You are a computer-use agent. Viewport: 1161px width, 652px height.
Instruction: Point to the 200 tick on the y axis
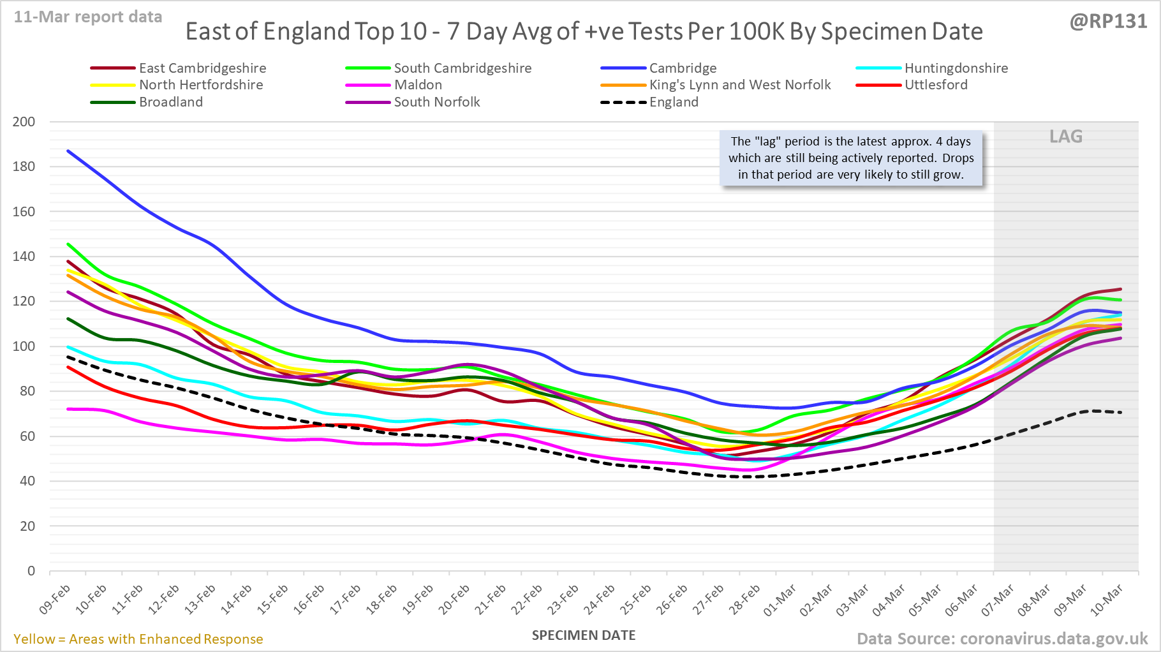point(24,122)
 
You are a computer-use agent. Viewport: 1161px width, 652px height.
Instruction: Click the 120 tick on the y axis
point(24,301)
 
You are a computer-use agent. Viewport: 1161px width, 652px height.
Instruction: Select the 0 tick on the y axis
point(31,571)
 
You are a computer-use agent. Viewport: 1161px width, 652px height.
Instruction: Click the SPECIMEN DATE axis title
point(584,635)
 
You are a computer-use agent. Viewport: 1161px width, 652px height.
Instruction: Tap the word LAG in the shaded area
point(1066,137)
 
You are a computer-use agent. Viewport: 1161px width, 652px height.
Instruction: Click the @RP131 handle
point(1108,22)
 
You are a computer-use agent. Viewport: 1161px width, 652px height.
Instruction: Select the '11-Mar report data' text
point(88,17)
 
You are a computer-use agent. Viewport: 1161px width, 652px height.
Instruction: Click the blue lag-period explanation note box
point(851,158)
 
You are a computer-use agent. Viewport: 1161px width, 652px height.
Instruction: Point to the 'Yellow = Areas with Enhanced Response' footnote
point(138,639)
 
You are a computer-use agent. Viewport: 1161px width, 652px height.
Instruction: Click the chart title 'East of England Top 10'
point(584,32)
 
